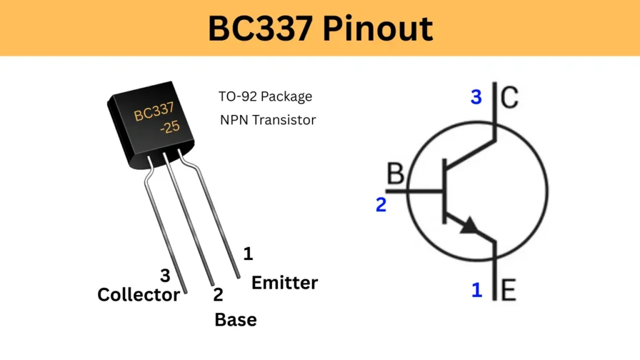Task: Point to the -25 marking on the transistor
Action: (169, 126)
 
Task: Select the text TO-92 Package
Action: (265, 97)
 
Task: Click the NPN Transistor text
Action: (267, 120)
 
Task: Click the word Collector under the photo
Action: (138, 294)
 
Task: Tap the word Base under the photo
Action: (235, 319)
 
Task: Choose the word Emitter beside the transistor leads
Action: (284, 282)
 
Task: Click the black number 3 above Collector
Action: (165, 275)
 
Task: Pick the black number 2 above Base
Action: (217, 295)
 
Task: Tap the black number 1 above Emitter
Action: (248, 254)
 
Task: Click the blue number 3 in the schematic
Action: (476, 97)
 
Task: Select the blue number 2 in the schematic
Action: (381, 204)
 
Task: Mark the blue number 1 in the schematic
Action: (477, 290)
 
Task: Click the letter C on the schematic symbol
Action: (509, 97)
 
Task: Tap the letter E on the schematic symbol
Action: (509, 290)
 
